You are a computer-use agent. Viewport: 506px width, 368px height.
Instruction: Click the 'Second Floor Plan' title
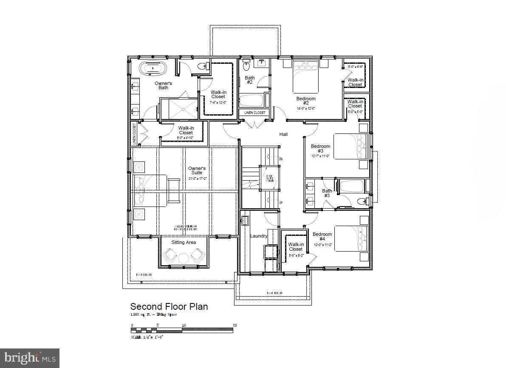(169, 306)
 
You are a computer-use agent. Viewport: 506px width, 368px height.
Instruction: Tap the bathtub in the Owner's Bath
(153, 68)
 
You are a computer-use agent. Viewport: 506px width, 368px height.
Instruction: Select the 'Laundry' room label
(258, 236)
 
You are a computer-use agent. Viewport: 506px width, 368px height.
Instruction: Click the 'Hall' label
(283, 134)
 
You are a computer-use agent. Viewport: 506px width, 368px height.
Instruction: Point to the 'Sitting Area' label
(184, 242)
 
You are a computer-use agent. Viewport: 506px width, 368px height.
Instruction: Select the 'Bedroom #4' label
(322, 237)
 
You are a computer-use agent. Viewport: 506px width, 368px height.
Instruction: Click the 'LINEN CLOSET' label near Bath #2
(254, 113)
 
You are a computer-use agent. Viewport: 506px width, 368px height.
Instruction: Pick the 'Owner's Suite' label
(197, 171)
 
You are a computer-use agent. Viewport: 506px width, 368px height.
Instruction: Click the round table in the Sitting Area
(184, 258)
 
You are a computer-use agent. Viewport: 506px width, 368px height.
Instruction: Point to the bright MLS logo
(29, 358)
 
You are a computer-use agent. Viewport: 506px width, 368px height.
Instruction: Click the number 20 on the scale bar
(235, 326)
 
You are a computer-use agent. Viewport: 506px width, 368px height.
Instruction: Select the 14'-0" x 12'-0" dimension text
(305, 108)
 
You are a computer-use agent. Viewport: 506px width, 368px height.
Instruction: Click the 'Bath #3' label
(327, 193)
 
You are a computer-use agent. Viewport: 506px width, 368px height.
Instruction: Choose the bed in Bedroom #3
(350, 146)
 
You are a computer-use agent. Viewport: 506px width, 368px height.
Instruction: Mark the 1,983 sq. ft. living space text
(153, 315)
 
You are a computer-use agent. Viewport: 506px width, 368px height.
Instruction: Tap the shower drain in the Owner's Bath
(184, 109)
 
